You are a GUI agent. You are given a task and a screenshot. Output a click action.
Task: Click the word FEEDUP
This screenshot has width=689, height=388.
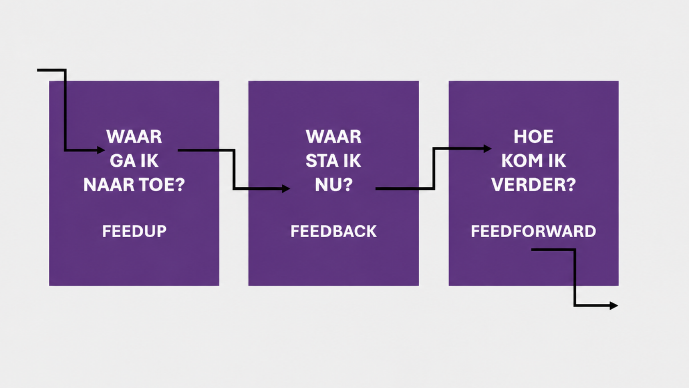click(134, 231)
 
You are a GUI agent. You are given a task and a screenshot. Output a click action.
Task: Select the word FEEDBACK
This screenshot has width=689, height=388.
click(333, 231)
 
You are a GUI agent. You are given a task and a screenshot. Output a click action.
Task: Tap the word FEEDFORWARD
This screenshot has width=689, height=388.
click(533, 231)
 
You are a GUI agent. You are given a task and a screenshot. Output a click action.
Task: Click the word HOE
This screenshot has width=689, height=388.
click(533, 136)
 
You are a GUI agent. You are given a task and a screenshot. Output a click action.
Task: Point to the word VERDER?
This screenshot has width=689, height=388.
click(533, 185)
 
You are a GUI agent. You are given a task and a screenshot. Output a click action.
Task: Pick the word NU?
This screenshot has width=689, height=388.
click(334, 185)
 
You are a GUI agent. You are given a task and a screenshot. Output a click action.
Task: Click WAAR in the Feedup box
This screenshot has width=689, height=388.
click(134, 136)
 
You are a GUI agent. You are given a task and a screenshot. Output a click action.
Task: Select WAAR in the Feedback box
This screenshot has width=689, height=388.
click(333, 136)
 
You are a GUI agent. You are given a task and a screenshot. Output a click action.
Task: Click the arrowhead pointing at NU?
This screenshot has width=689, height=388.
click(286, 188)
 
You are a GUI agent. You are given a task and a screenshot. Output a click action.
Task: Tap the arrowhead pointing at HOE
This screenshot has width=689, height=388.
click(488, 149)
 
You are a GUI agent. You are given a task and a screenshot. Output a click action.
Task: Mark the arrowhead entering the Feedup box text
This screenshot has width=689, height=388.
click(101, 150)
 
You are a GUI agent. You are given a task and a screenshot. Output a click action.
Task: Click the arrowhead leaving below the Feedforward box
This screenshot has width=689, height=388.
click(614, 305)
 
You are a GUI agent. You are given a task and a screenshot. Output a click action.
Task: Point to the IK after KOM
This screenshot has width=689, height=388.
click(557, 161)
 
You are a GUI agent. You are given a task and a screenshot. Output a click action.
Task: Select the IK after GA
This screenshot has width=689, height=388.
click(149, 161)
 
